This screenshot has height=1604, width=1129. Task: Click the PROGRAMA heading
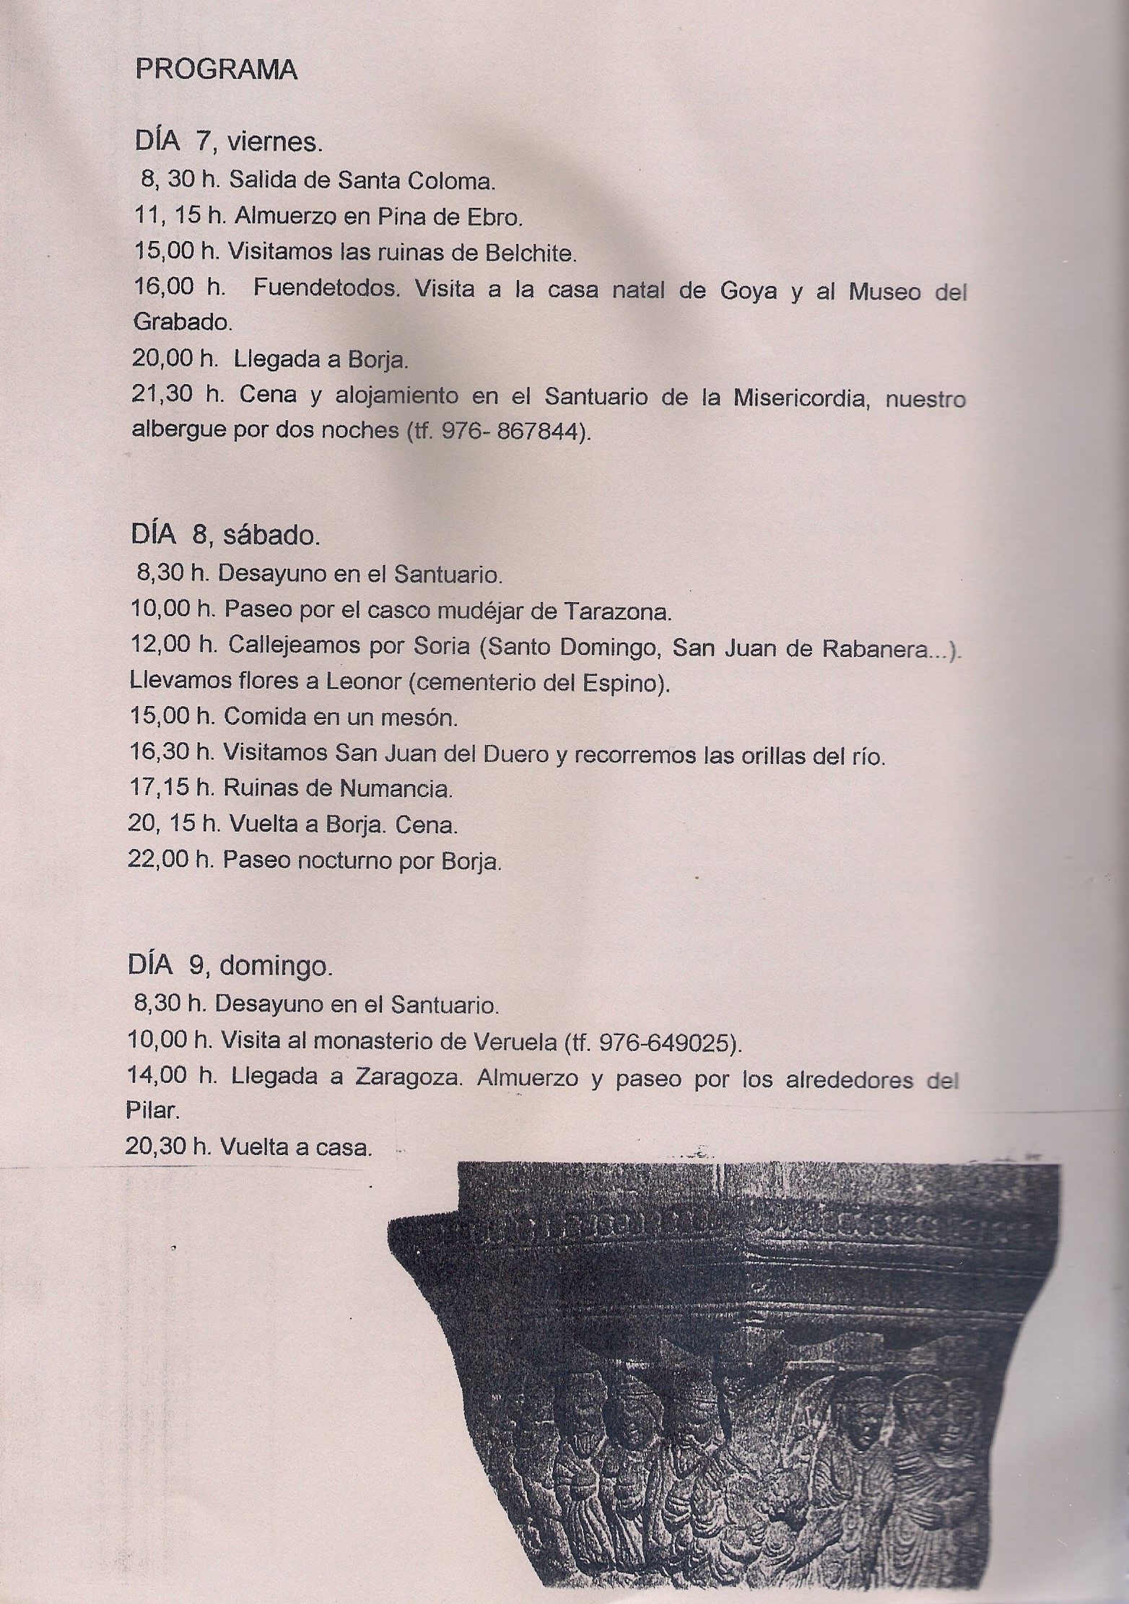click(217, 71)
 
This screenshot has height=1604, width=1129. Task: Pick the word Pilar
click(152, 1111)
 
